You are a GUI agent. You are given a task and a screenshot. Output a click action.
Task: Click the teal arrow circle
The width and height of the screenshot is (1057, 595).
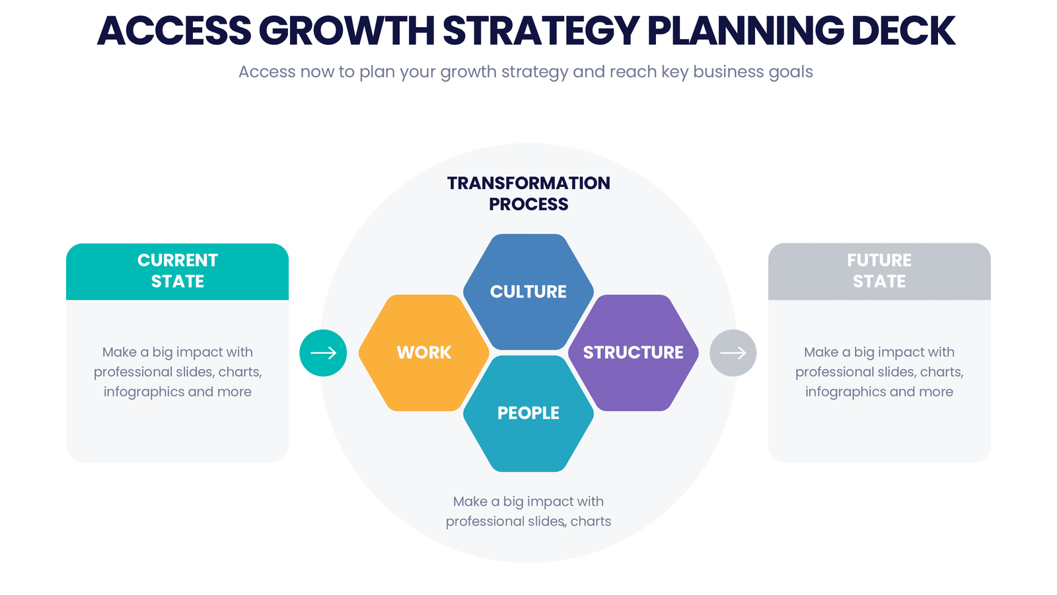pyautogui.click(x=323, y=353)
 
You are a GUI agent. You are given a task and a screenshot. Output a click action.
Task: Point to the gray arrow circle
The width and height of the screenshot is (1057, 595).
pyautogui.click(x=733, y=353)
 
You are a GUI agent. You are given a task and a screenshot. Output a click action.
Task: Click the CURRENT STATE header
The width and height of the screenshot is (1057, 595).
pyautogui.click(x=177, y=271)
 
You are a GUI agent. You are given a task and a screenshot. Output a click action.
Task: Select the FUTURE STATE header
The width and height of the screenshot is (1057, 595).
pyautogui.click(x=879, y=271)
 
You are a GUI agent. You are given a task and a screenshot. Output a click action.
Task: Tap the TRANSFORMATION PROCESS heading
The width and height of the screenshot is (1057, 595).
pyautogui.click(x=528, y=193)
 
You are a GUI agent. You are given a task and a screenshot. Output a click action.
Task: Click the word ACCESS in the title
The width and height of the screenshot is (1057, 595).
pyautogui.click(x=174, y=31)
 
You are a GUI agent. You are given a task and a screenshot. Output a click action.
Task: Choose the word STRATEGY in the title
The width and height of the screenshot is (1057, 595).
pyautogui.click(x=542, y=31)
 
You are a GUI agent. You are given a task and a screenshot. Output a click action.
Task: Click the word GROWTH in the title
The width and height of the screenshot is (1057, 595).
pyautogui.click(x=347, y=31)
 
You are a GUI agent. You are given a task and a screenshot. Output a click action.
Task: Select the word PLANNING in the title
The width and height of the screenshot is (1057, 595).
pyautogui.click(x=745, y=31)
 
